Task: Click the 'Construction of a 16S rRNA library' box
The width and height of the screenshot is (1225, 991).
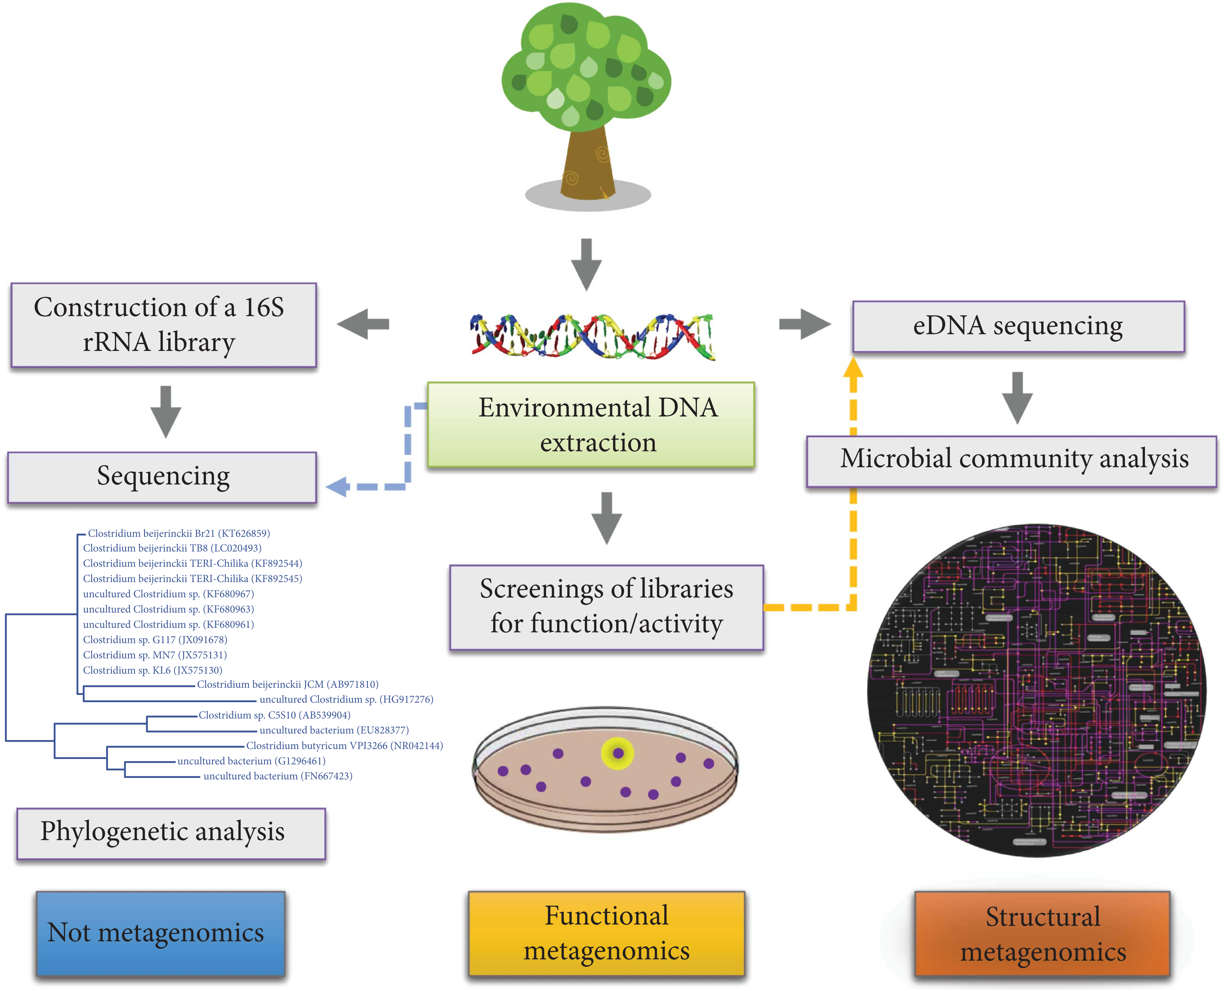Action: [163, 325]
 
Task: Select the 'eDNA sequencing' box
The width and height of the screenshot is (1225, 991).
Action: [1018, 326]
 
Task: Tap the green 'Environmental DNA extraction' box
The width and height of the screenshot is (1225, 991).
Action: [591, 425]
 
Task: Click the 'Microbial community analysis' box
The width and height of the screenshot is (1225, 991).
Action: [1011, 461]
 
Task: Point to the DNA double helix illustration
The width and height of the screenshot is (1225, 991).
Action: [592, 336]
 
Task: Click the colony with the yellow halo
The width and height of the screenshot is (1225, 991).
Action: [618, 753]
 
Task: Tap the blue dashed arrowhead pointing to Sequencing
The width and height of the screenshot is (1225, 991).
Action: [337, 487]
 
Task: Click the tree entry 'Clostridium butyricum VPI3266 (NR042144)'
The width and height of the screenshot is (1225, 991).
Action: [344, 746]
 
